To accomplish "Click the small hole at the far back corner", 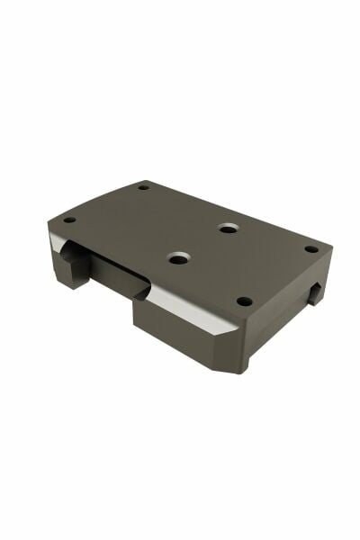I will [143, 187].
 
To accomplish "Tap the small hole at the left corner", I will [69, 220].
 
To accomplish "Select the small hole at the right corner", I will [310, 249].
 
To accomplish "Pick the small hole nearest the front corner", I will [243, 301].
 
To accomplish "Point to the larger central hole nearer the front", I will [178, 258].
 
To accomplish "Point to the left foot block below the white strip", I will [70, 268].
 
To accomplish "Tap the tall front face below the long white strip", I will [175, 337].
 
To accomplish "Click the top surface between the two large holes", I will [202, 243].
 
